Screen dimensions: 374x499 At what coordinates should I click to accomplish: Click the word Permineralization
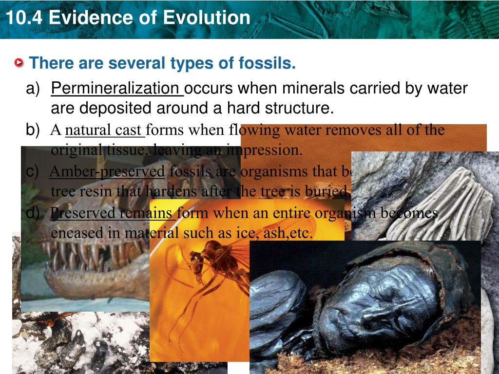point(117,89)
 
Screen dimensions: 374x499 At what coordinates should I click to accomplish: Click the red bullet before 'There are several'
point(19,63)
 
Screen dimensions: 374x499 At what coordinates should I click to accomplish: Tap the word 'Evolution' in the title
point(207,18)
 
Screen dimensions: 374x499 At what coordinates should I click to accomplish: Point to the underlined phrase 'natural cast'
point(104,131)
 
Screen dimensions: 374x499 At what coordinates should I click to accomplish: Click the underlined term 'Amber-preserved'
point(107,171)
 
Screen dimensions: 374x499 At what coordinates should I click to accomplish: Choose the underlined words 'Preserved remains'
point(112,213)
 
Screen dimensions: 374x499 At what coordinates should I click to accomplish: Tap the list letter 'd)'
point(33,213)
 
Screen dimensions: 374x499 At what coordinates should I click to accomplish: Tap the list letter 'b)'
point(33,130)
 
